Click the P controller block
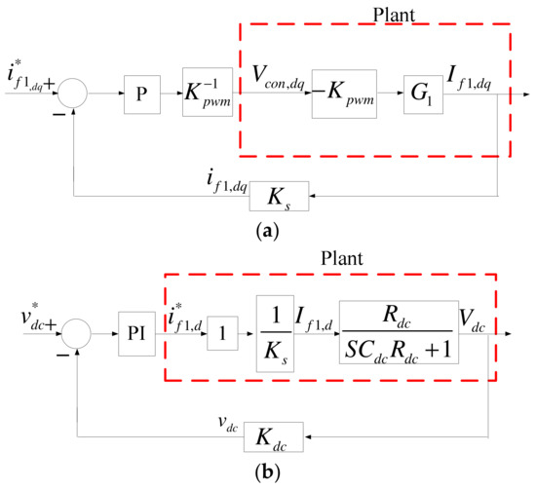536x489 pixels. click(x=141, y=94)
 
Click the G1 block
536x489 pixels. click(x=423, y=94)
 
